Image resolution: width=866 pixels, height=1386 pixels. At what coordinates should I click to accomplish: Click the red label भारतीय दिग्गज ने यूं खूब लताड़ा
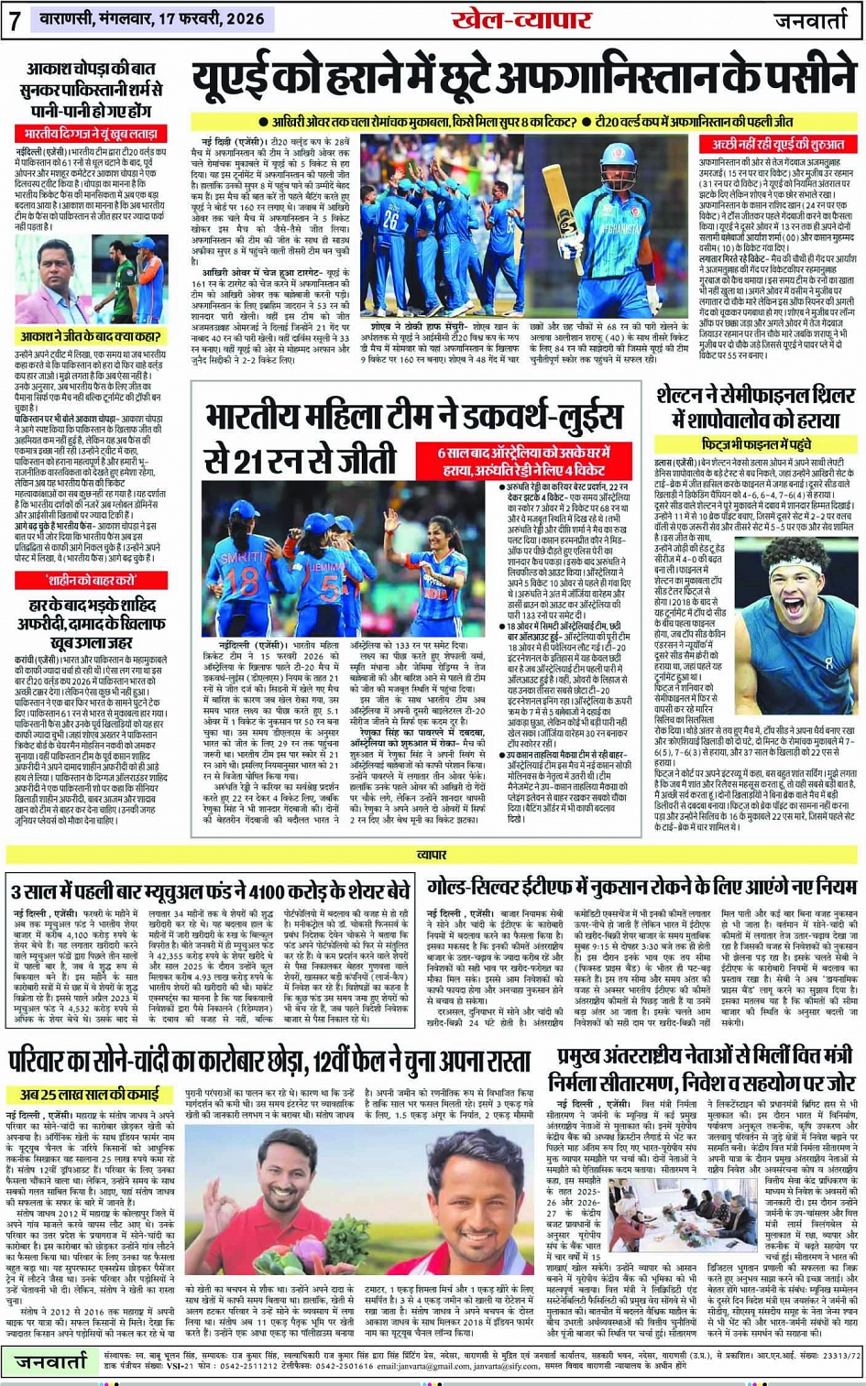91,134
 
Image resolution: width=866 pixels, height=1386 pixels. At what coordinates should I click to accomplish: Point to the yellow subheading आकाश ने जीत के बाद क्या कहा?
91,337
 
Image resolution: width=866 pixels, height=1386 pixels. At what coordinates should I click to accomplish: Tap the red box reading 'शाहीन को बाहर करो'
91,581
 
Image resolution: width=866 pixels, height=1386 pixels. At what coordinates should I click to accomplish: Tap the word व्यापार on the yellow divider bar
432,855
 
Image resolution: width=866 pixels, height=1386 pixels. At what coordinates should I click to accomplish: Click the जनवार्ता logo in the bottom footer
51,1362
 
